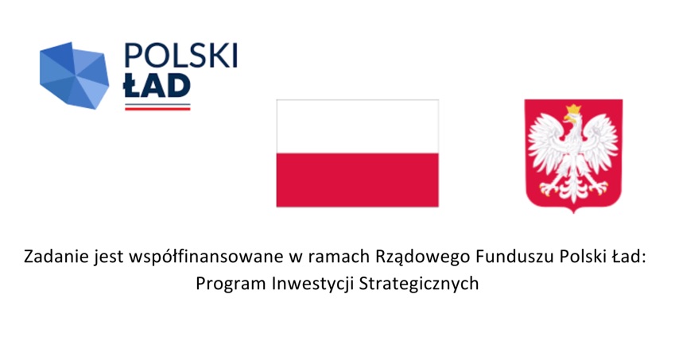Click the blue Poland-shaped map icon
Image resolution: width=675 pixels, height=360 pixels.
point(74,75)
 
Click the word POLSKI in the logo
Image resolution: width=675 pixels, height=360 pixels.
point(180,56)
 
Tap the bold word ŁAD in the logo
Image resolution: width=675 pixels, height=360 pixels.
point(157,85)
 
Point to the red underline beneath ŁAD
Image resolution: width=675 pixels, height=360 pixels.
point(157,109)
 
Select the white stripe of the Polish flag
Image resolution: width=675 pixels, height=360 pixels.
point(357,126)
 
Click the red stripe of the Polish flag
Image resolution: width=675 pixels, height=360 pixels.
point(357,180)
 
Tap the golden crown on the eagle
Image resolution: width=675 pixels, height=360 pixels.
point(573,109)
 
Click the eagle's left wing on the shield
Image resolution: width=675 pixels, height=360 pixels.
point(546,144)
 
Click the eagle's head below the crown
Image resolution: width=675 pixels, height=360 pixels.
point(572,118)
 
